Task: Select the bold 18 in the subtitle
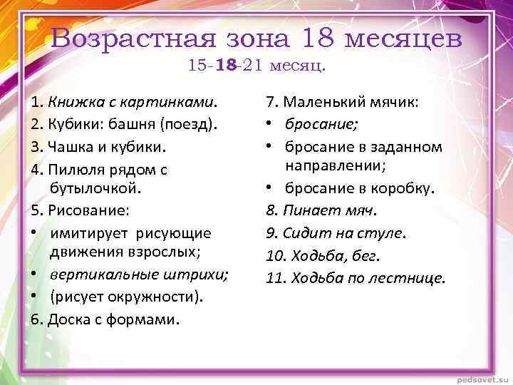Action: (226, 66)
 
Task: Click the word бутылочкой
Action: (95, 188)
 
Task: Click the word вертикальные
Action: (95, 275)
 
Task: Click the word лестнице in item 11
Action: (411, 277)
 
